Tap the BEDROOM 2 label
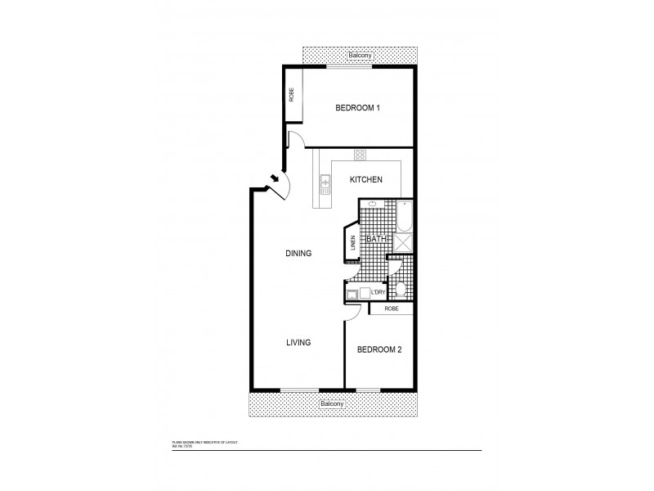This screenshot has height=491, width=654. [378, 349]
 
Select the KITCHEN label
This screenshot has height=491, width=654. [366, 179]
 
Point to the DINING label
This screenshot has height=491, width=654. [298, 254]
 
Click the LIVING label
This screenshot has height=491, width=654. [298, 342]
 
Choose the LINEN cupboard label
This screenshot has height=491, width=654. [353, 243]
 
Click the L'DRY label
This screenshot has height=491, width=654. [378, 292]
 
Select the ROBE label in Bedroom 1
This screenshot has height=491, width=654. [291, 95]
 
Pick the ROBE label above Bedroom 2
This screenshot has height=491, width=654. [391, 309]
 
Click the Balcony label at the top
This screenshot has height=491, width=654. [358, 55]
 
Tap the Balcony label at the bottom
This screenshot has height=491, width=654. [332, 404]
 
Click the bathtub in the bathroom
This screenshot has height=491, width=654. [404, 216]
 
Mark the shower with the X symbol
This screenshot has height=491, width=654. [403, 241]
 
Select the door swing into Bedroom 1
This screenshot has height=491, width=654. [296, 139]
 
